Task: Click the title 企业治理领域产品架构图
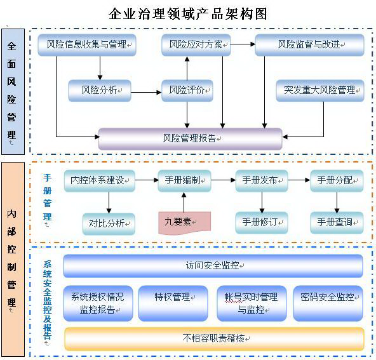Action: click(x=188, y=14)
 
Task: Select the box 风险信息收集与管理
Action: click(x=87, y=45)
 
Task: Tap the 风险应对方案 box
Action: click(x=196, y=45)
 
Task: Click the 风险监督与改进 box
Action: click(x=309, y=45)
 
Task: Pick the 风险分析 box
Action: click(x=100, y=91)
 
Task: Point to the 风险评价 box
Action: click(x=187, y=91)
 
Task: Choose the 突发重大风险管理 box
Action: click(x=320, y=91)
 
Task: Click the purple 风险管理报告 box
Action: click(x=190, y=139)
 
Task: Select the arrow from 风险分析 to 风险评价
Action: click(x=146, y=92)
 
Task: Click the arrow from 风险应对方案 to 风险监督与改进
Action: click(x=243, y=44)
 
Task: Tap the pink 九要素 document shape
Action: click(x=184, y=223)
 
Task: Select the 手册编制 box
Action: click(x=184, y=181)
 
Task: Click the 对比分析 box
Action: click(x=109, y=224)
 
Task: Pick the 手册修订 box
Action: click(x=262, y=223)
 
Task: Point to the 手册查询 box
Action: click(x=337, y=223)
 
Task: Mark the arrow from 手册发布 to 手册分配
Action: click(x=299, y=180)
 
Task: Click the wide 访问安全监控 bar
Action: click(x=213, y=266)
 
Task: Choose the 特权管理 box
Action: click(x=173, y=303)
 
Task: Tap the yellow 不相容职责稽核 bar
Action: click(x=215, y=339)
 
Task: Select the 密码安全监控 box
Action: click(x=328, y=303)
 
